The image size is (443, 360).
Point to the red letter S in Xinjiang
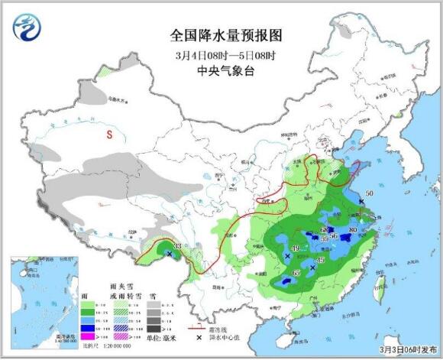109,135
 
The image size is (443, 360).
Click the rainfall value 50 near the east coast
369,194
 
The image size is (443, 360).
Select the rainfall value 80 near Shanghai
353,229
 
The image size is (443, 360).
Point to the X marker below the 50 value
360,202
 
